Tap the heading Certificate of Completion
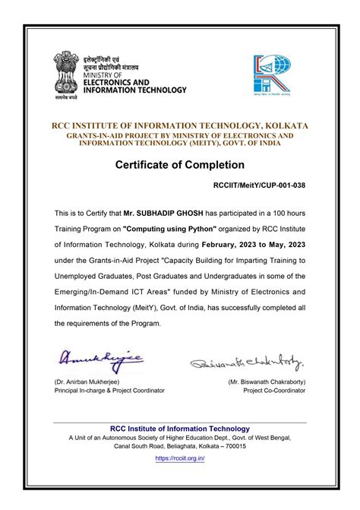coord(180,164)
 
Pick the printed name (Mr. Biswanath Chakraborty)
coord(267,381)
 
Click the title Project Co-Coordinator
coord(274,391)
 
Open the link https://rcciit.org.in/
coord(180,458)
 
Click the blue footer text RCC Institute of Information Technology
coord(180,429)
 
